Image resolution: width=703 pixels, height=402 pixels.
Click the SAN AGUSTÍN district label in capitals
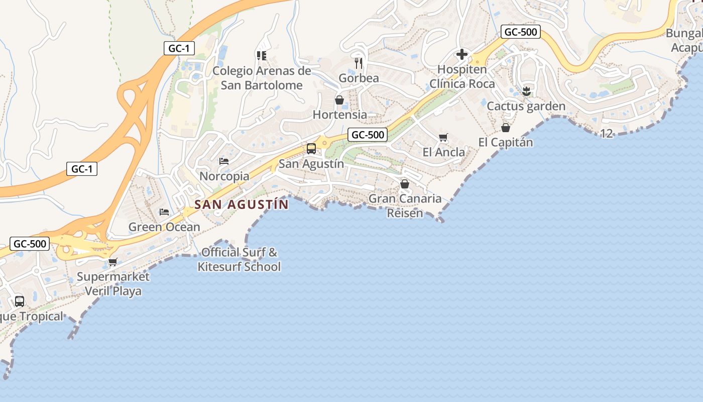[242, 205]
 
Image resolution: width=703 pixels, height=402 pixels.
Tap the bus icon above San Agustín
[311, 149]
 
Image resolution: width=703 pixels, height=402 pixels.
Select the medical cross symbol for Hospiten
[461, 54]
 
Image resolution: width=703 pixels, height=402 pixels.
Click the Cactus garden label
[526, 106]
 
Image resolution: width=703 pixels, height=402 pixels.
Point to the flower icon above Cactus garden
[526, 91]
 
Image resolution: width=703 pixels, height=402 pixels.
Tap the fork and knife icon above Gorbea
[359, 63]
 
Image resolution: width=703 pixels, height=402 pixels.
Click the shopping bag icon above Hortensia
[339, 100]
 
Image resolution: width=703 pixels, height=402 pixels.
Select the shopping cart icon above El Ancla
[443, 138]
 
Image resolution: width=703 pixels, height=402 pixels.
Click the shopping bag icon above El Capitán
[506, 128]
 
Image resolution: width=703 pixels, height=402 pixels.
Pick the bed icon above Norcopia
[224, 161]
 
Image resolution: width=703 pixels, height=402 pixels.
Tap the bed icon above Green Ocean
[164, 212]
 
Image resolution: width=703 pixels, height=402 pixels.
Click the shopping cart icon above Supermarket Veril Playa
[113, 262]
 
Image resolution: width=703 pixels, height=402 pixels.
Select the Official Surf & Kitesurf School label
[239, 259]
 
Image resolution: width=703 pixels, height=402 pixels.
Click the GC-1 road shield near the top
[179, 48]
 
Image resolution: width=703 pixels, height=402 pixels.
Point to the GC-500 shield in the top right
[520, 32]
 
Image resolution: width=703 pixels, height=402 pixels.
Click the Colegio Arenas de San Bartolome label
[262, 78]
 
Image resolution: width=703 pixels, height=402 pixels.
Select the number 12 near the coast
[607, 134]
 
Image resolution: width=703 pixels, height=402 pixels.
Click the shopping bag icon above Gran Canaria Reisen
[405, 184]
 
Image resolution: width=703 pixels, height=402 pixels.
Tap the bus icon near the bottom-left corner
[20, 301]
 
